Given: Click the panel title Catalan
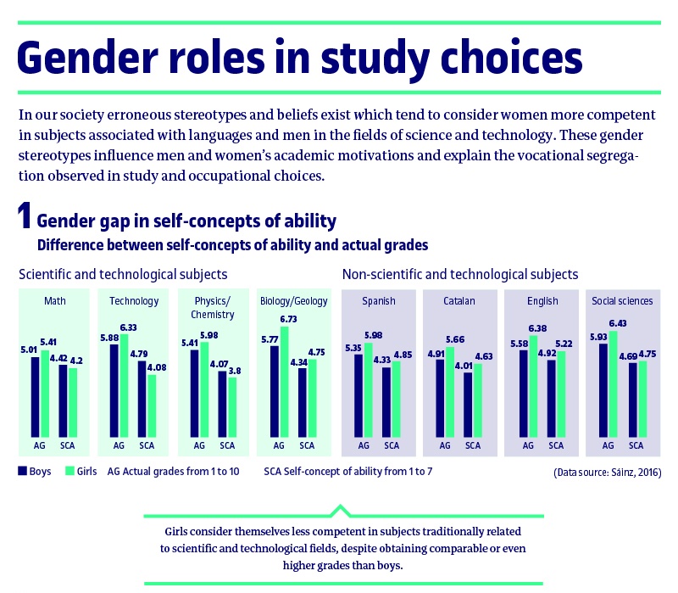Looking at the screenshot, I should [458, 301].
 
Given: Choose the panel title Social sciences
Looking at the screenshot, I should [621, 301].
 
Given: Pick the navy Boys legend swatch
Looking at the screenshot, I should [22, 470].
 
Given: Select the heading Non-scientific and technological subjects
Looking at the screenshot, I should [459, 274].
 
